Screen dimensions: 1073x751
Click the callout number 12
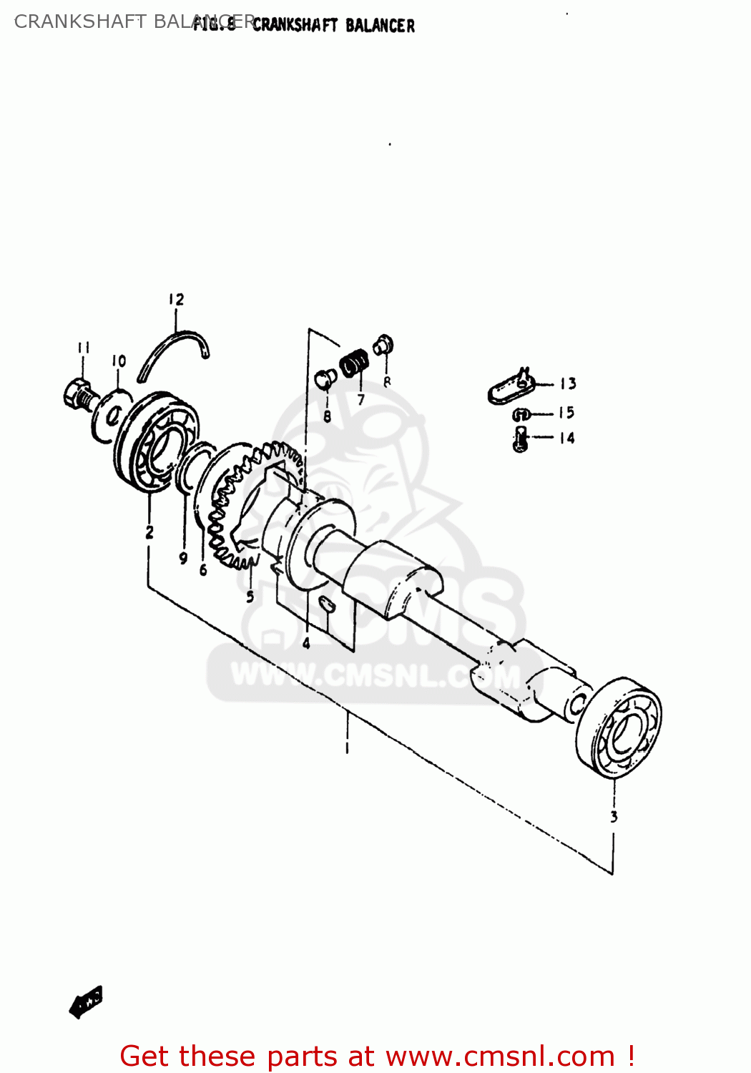coord(176,300)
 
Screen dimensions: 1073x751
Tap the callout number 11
coord(84,348)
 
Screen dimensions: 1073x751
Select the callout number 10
coord(119,361)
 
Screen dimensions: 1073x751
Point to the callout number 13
coord(568,384)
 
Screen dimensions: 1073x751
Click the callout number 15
coord(566,413)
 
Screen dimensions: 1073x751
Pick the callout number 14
coord(567,438)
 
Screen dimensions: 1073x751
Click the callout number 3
coord(614,816)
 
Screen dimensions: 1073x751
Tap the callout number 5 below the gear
coord(250,596)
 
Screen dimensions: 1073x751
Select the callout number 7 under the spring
coord(360,400)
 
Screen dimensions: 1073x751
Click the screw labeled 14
coord(520,438)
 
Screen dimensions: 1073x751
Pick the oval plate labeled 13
coord(511,387)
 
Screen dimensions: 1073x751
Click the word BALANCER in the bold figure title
coord(380,26)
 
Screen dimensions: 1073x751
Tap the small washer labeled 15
coord(521,414)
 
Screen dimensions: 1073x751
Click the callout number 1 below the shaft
coord(347,748)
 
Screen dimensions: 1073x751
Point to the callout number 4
coord(306,643)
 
